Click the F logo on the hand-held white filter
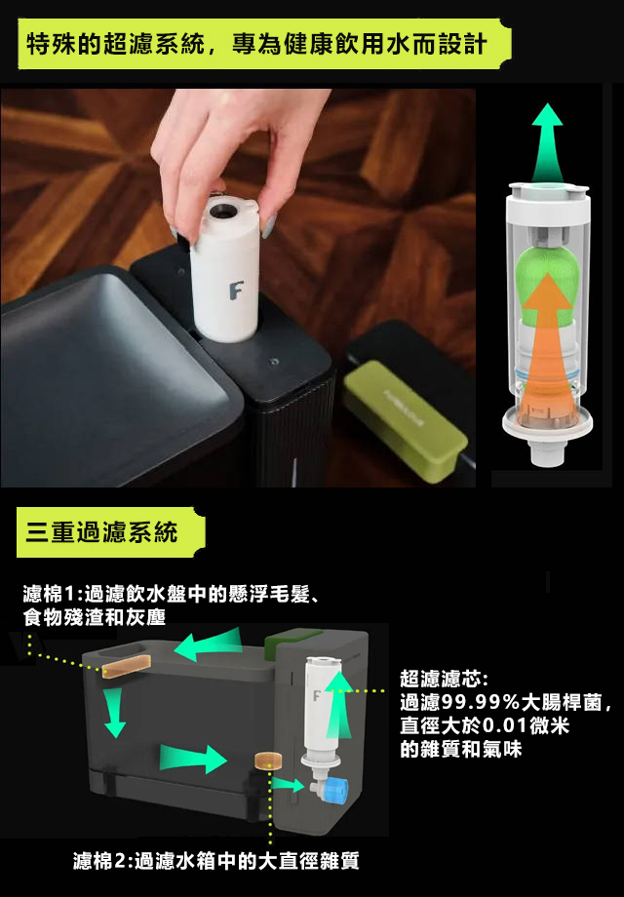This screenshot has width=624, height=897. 236,290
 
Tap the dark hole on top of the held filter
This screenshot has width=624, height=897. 221,212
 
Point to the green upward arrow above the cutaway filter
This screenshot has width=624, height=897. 547,143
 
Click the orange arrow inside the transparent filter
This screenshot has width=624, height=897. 548,349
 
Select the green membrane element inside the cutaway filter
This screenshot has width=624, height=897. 548,281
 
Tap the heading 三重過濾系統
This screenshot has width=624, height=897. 101,532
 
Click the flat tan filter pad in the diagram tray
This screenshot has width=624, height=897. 127,667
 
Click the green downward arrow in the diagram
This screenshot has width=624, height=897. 115,712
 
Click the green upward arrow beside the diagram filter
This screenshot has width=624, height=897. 339,704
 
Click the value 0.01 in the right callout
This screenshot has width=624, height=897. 504,726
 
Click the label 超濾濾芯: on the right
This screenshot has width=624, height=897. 445,679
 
